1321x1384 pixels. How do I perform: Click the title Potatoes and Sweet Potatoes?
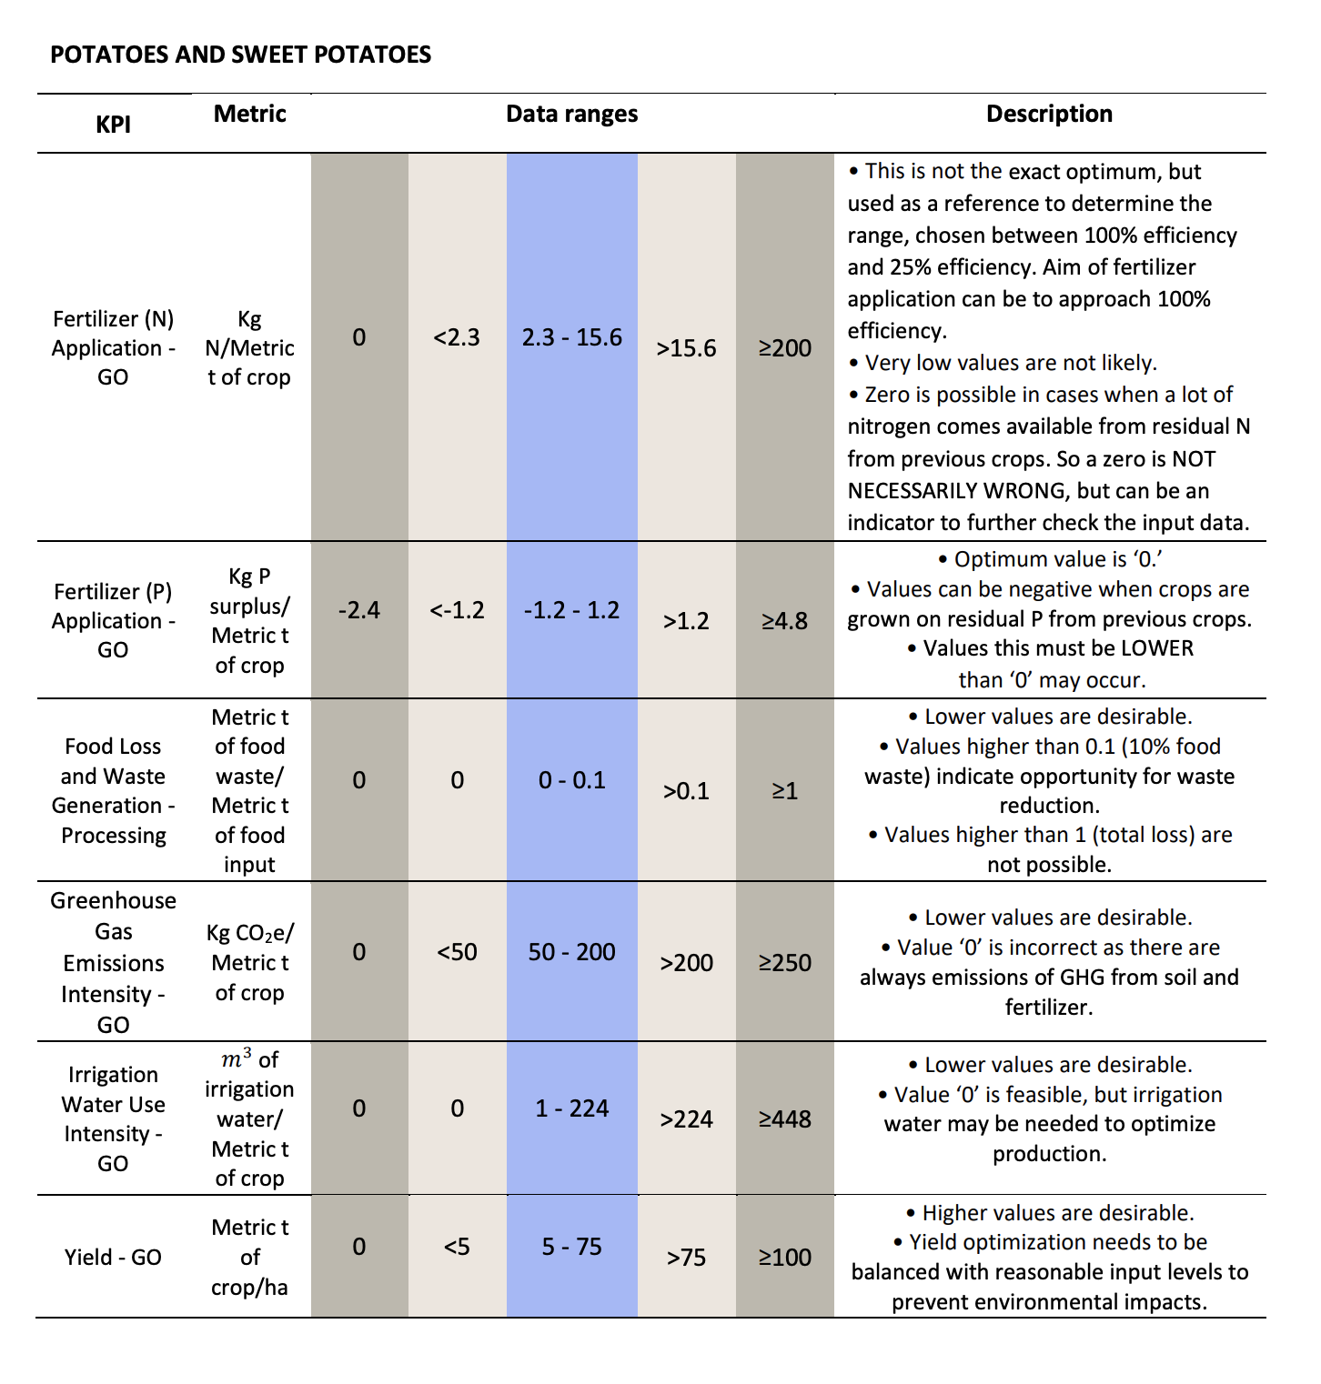click(240, 55)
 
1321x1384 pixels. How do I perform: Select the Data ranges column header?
click(571, 114)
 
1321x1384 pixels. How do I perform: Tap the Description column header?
click(1049, 114)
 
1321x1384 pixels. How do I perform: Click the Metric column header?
click(250, 114)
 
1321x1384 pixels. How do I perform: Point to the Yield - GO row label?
click(113, 1257)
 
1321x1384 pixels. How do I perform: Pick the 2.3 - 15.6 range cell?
click(572, 337)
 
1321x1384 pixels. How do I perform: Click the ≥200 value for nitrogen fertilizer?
click(785, 348)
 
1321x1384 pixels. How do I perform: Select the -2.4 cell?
click(359, 609)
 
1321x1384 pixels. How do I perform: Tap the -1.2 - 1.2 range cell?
click(572, 609)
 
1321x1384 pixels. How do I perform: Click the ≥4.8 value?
click(785, 620)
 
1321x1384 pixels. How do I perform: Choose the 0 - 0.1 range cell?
click(572, 780)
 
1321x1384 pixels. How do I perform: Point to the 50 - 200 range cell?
click(572, 952)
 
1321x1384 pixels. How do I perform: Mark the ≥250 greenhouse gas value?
click(785, 963)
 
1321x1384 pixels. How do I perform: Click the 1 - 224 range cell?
click(572, 1108)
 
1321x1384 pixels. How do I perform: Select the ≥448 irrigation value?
click(785, 1119)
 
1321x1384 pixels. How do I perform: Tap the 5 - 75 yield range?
click(572, 1247)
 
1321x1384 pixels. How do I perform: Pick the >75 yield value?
click(687, 1258)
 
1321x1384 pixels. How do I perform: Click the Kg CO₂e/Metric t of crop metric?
click(250, 963)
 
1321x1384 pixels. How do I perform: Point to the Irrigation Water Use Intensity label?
click(113, 1118)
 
